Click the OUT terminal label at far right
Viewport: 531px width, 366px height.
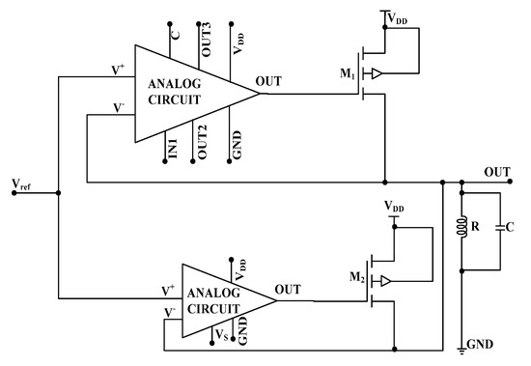point(497,171)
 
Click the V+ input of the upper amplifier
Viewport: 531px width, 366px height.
point(117,70)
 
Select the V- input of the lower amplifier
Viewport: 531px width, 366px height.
point(170,312)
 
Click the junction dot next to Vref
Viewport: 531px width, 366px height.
point(59,192)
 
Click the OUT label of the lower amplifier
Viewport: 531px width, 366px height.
point(288,289)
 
